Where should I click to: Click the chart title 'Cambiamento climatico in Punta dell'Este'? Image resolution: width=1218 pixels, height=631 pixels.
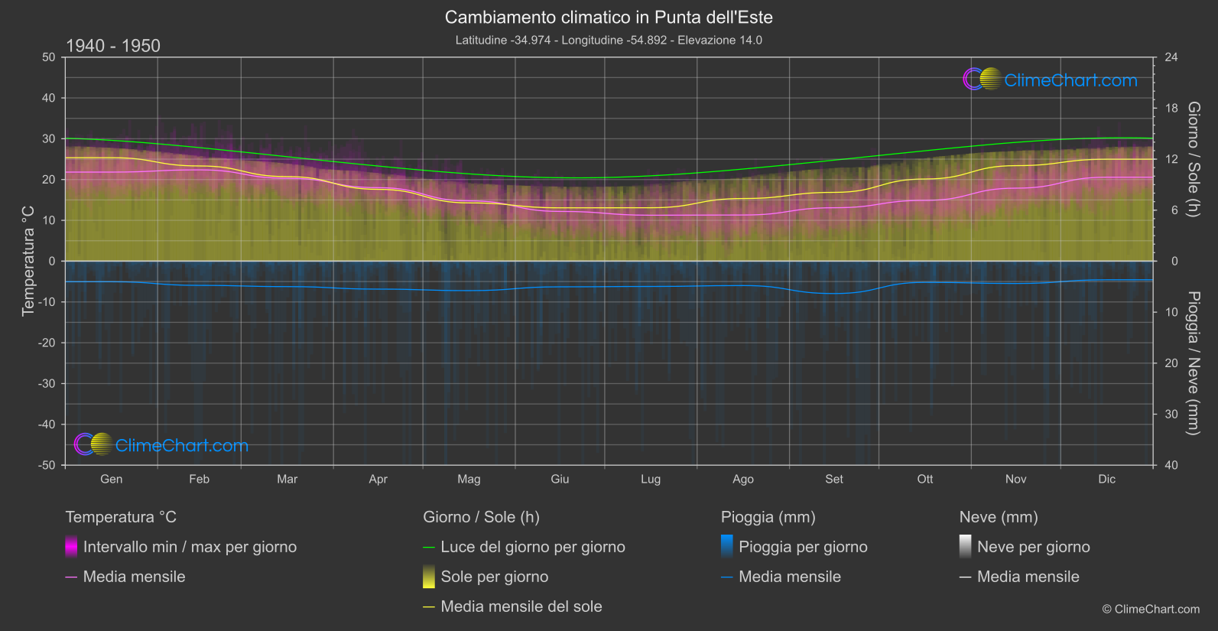pyautogui.click(x=609, y=18)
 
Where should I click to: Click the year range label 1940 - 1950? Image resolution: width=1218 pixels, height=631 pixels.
pyautogui.click(x=113, y=46)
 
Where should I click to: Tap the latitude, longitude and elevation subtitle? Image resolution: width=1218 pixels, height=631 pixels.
pyautogui.click(x=609, y=41)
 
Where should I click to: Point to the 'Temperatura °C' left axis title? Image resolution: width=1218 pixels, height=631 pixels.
pyautogui.click(x=28, y=261)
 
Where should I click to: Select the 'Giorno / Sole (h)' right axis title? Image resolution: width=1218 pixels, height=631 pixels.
pyautogui.click(x=1193, y=159)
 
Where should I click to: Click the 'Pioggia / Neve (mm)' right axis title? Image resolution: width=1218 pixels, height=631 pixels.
pyautogui.click(x=1193, y=363)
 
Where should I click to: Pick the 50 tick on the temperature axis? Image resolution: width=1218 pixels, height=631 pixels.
pyautogui.click(x=49, y=57)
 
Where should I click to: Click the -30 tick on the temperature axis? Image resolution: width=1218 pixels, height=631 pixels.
pyautogui.click(x=47, y=384)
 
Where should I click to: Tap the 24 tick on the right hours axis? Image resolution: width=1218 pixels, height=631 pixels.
pyautogui.click(x=1171, y=57)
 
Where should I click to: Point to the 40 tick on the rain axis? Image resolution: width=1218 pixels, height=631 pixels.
pyautogui.click(x=1171, y=465)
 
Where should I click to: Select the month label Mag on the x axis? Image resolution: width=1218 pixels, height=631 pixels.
pyautogui.click(x=469, y=480)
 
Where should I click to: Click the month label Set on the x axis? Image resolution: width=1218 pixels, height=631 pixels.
pyautogui.click(x=833, y=480)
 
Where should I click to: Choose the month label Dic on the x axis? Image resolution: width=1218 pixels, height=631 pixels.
pyautogui.click(x=1106, y=480)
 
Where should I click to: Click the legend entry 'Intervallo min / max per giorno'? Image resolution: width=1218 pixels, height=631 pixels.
pyautogui.click(x=190, y=547)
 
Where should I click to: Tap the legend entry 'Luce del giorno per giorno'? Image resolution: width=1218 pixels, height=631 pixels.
pyautogui.click(x=533, y=547)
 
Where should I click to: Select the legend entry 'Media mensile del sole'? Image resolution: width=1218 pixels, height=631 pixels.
pyautogui.click(x=521, y=607)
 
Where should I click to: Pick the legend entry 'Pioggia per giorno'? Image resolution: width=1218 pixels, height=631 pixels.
pyautogui.click(x=803, y=547)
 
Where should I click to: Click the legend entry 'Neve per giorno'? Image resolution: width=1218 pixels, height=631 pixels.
pyautogui.click(x=1033, y=547)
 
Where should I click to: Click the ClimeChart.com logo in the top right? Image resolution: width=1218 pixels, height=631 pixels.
pyautogui.click(x=1051, y=80)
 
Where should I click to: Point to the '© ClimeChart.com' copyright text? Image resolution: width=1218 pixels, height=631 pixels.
pyautogui.click(x=1151, y=610)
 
